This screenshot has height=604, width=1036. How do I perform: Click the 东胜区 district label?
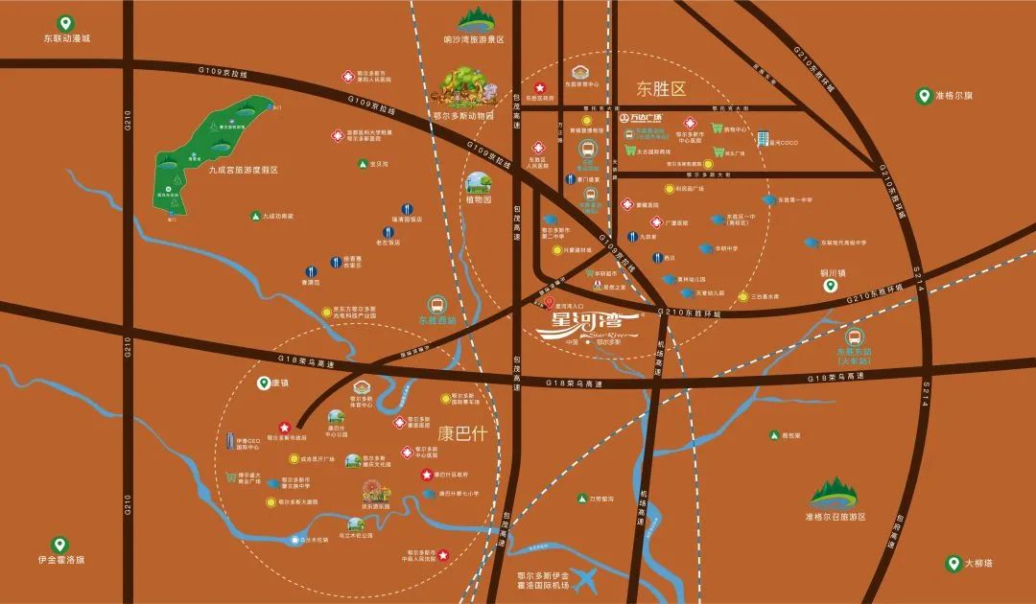(662, 90)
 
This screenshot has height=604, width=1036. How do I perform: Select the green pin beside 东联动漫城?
(64, 21)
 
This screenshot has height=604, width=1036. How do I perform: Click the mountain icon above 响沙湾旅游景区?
(474, 18)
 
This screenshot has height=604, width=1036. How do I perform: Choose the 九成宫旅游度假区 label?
(243, 170)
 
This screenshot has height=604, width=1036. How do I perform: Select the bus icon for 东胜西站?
(436, 303)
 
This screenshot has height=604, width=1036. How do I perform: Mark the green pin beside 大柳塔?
(954, 564)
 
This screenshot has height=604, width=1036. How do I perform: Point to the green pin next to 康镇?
(264, 383)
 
